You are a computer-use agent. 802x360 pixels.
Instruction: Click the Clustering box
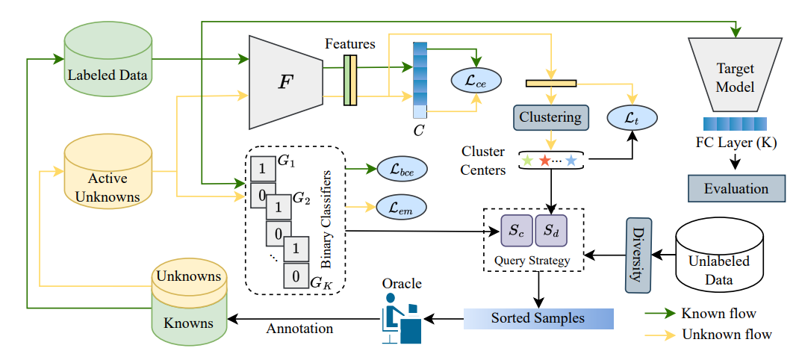pos(551,117)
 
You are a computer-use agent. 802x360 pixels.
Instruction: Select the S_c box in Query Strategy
pos(516,232)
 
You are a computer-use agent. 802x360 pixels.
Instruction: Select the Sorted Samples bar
pos(538,318)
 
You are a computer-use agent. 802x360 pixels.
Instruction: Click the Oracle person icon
pos(402,319)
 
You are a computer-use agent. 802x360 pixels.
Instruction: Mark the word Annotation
pos(299,328)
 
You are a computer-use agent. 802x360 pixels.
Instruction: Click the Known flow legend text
pos(718,313)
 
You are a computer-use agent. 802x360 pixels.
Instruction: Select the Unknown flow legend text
pos(727,334)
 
